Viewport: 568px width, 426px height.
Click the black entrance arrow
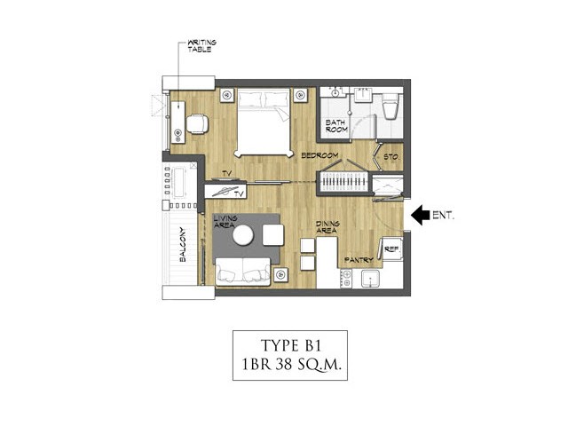(420, 215)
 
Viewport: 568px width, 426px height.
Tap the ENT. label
(444, 215)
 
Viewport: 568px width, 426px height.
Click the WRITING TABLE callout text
(201, 46)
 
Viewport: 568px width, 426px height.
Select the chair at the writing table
(197, 124)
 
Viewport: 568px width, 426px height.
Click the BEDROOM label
(319, 155)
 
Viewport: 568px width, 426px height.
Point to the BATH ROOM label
(336, 126)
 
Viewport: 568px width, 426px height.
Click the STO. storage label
(391, 157)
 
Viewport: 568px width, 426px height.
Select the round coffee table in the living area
(243, 235)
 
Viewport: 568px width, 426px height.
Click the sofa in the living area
(242, 272)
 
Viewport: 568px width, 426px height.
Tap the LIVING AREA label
(225, 221)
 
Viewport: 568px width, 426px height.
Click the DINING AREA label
(327, 227)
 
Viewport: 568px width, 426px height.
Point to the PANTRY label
(359, 260)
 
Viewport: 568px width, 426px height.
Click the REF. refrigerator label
(391, 249)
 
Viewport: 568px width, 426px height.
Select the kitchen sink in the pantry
(370, 279)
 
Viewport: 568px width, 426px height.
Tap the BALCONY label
(183, 245)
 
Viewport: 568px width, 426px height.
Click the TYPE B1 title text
(291, 345)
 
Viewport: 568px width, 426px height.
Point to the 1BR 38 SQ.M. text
(291, 364)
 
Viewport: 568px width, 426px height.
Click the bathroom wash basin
(363, 95)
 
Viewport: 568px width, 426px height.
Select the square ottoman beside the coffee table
(272, 235)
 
